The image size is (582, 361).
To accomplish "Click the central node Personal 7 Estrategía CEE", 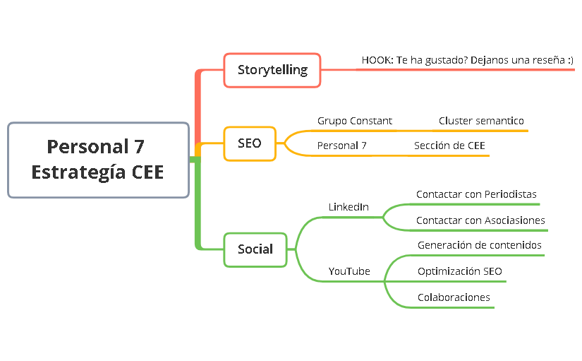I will tap(98, 160).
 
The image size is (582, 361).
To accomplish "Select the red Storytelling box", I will tap(272, 70).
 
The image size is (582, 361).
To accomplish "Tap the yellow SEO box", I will tap(250, 143).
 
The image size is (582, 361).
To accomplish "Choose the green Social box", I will tap(255, 249).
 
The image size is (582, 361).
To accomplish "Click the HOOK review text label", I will tap(467, 60).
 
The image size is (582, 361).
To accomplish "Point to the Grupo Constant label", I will tap(354, 121).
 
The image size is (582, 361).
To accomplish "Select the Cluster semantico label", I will tap(481, 121).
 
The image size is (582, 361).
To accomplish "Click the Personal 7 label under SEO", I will tap(341, 146).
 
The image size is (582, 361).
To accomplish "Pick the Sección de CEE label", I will tap(449, 146).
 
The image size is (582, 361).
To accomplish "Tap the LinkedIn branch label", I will tap(348, 207).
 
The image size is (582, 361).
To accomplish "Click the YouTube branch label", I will tap(349, 271).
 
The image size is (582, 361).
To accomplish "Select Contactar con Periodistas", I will tap(476, 194).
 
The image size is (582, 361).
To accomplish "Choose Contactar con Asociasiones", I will tap(480, 220).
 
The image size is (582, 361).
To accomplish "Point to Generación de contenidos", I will tap(480, 245).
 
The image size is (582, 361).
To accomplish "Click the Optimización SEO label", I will tap(460, 271).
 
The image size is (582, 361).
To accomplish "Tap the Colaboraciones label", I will tap(454, 297).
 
